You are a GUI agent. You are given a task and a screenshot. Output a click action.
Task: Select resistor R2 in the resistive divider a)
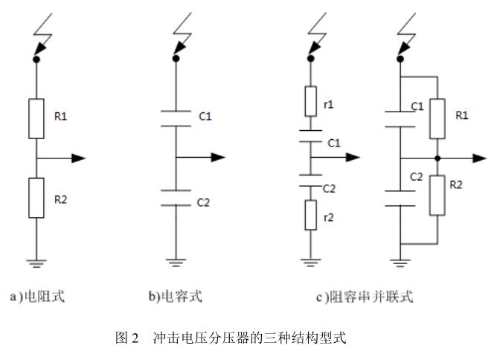pos(36,197)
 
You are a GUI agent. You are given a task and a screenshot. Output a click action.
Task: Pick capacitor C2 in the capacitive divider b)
pos(175,197)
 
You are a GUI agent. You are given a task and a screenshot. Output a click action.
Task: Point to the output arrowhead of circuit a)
pos(79,158)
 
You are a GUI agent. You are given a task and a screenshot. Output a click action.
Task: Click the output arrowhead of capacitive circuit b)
pos(217,158)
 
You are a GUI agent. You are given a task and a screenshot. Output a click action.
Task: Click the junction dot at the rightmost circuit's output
pos(437,158)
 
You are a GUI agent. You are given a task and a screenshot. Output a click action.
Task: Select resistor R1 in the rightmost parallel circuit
pos(437,118)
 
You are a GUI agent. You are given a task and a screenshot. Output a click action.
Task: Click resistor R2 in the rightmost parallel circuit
pos(437,195)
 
